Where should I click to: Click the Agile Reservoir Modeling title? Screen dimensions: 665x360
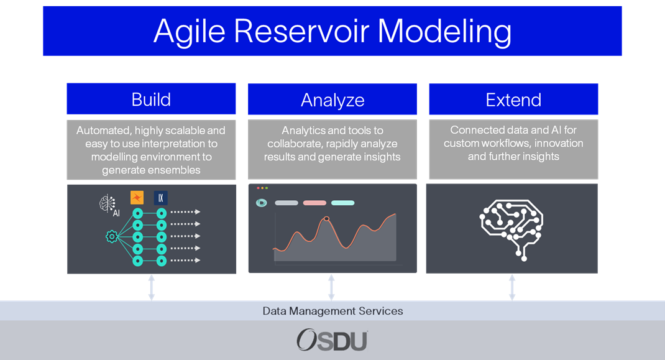coord(332,31)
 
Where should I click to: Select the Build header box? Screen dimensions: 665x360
coord(151,99)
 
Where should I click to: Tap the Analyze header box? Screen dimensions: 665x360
coord(332,99)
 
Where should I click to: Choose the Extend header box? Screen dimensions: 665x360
coord(513,99)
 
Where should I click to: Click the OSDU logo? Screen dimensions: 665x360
coord(332,340)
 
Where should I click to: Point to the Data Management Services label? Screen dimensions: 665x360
coord(332,311)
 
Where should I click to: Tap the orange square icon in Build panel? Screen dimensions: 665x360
coord(137,197)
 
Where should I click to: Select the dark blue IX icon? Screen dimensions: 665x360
coord(161,198)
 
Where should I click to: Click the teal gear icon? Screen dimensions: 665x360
coord(112,236)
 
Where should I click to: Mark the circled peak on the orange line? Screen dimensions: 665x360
coord(326,219)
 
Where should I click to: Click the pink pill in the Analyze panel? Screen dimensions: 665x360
coord(314,203)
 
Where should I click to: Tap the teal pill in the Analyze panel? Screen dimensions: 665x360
coord(342,203)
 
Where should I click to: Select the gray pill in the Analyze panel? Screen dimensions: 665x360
coord(287,203)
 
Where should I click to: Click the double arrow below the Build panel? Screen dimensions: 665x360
coord(152,288)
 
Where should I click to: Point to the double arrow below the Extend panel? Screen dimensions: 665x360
coord(512,288)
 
